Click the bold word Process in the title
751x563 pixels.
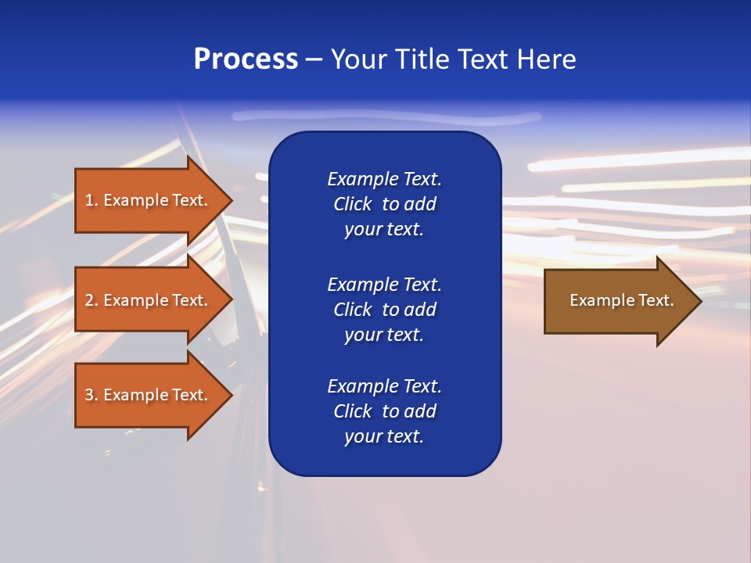coord(246,59)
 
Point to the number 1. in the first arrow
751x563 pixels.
coord(92,200)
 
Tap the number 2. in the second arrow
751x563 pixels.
coord(92,300)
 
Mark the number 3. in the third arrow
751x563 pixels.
coord(92,395)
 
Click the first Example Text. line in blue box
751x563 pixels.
coord(384,179)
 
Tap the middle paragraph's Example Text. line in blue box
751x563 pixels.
coord(384,284)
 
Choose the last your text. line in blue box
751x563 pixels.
coord(384,437)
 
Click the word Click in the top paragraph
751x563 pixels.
coord(352,204)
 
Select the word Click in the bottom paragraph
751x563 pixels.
coord(352,411)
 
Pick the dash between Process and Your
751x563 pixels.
coord(314,60)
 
